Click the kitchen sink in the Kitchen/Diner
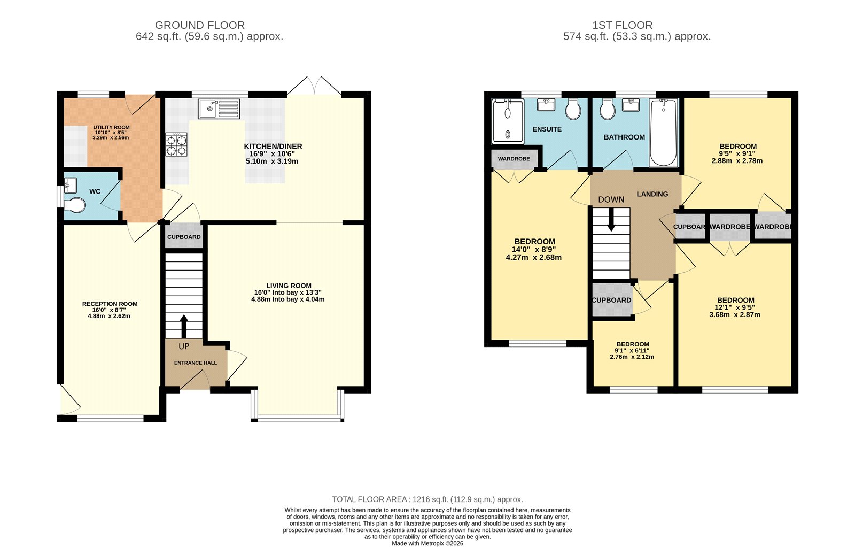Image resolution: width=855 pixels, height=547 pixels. tap(219, 109)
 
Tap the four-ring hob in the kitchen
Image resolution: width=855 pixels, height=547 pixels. tap(177, 144)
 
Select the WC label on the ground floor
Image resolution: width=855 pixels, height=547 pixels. tap(95, 191)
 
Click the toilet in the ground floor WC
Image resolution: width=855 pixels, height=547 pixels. tap(75, 205)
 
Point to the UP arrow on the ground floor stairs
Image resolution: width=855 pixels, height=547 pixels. tap(184, 325)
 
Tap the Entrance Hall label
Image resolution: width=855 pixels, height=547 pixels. tap(196, 363)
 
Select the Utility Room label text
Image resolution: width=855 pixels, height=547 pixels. tap(112, 127)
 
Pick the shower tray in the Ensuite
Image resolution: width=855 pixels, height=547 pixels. tap(508, 121)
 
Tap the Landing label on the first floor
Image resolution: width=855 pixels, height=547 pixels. tap(652, 194)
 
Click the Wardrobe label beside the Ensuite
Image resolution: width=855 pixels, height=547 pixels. tap(514, 159)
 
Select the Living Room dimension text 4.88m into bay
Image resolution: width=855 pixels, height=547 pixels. tap(287, 299)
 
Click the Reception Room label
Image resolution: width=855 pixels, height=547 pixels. tap(110, 304)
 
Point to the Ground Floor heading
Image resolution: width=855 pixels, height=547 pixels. tap(200, 25)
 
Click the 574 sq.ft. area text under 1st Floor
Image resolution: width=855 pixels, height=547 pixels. tap(637, 37)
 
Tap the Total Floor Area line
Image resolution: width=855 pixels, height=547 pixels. tap(427, 499)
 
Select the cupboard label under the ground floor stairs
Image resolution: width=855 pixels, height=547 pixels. tap(184, 237)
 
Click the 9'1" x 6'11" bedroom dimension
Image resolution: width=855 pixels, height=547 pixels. tap(632, 351)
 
